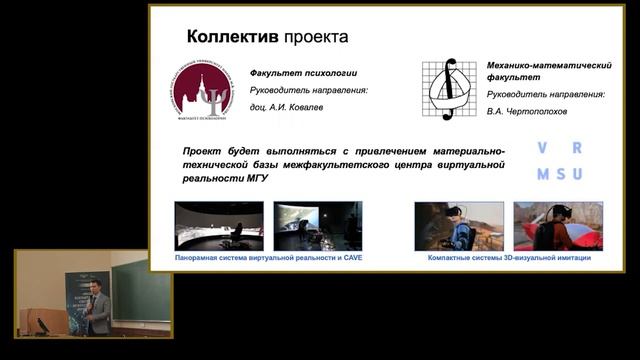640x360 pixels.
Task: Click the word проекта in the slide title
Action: tap(315, 37)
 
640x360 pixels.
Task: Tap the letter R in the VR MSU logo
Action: tap(577, 148)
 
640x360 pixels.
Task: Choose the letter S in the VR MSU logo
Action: tap(560, 174)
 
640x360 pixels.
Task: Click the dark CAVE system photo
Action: tap(317, 225)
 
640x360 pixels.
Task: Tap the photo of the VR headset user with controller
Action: tap(458, 225)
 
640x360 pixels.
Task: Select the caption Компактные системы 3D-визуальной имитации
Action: tap(508, 257)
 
